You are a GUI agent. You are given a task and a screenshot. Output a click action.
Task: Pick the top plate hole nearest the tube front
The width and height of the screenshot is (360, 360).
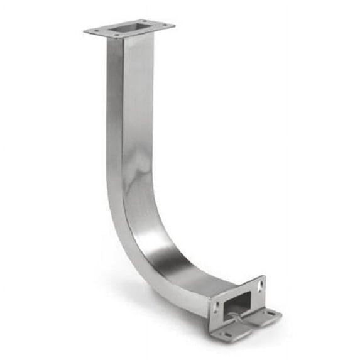coord(116,35)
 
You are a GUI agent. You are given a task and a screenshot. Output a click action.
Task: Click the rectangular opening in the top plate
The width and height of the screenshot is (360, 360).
coord(129,27)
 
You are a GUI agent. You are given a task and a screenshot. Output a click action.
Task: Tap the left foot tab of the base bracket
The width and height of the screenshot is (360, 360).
coord(230,334)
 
